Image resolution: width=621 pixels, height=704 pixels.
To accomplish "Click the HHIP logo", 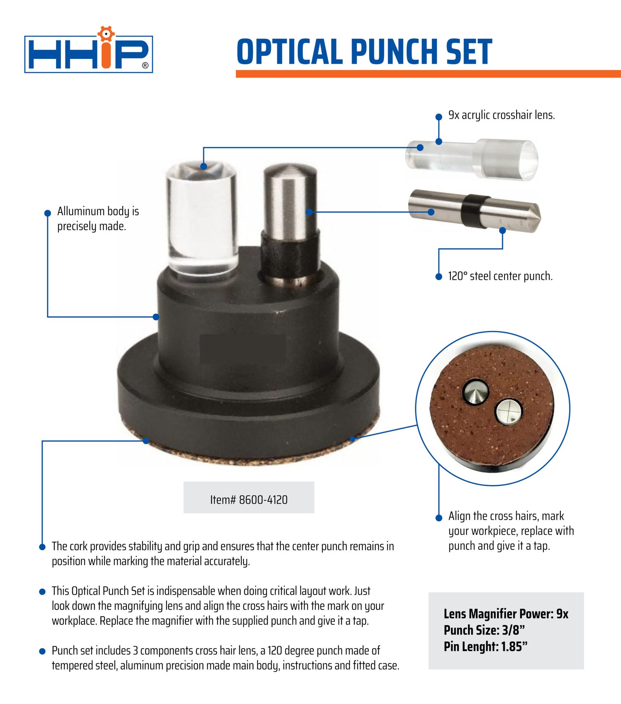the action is click(x=88, y=50).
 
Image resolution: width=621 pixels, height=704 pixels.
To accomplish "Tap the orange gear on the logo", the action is click(x=106, y=33).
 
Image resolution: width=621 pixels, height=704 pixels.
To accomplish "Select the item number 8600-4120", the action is click(x=249, y=499).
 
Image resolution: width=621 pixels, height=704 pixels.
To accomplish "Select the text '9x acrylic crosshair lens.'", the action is click(x=501, y=115).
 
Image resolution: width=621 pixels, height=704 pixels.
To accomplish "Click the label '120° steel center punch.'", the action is click(x=500, y=276).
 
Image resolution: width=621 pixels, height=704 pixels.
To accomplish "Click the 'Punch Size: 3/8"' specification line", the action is click(x=484, y=630).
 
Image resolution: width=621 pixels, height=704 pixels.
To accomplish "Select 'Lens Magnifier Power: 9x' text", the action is click(x=506, y=614).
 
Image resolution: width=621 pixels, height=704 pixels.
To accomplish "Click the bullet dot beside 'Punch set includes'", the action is click(x=42, y=651).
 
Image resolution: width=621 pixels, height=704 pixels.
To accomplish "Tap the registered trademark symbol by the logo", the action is click(x=145, y=65).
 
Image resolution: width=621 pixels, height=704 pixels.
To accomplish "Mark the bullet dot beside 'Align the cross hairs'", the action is click(x=439, y=517).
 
